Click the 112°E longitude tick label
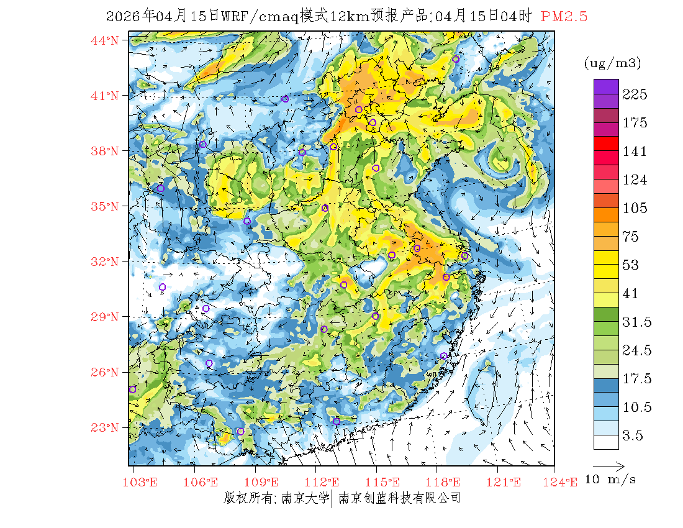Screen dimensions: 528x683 pos(326,482)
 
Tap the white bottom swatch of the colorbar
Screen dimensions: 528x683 pos(605,442)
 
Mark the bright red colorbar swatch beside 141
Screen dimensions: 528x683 pos(605,144)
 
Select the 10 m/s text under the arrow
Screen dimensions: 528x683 pos(611,480)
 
